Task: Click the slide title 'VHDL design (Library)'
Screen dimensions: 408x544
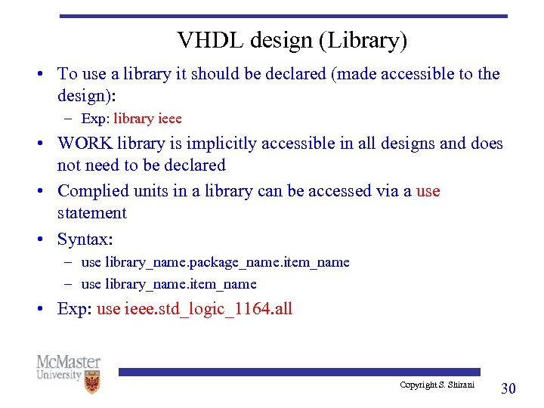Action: point(292,40)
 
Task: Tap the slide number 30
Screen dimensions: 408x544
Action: point(508,388)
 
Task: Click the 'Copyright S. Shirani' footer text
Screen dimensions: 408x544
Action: point(437,385)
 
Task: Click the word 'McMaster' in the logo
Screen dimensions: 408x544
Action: point(68,362)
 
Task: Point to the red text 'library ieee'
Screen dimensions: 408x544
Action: point(147,119)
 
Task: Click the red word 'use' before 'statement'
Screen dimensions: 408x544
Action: point(428,190)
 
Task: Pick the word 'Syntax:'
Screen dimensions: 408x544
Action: point(85,240)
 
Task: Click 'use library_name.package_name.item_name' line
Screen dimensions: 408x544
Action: point(215,262)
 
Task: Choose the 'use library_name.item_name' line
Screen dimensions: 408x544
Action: point(168,284)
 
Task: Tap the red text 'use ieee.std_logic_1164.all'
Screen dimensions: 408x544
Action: point(194,308)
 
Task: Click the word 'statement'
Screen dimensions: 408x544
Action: point(92,212)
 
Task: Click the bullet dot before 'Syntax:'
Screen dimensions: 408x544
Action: point(45,240)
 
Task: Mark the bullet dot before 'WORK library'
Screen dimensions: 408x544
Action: point(45,144)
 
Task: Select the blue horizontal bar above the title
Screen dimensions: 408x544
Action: point(283,16)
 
